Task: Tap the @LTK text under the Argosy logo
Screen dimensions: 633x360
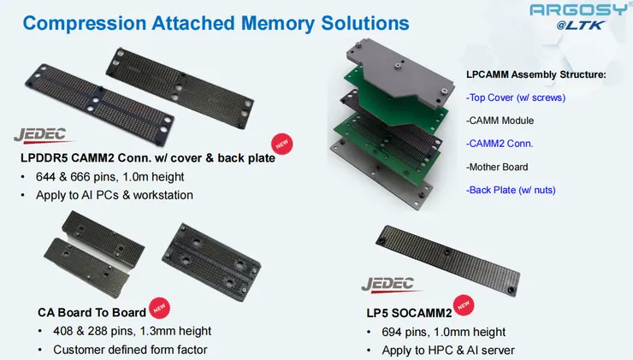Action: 581,26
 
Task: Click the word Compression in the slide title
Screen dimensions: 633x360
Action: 85,23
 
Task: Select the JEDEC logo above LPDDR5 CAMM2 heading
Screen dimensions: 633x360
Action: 42,136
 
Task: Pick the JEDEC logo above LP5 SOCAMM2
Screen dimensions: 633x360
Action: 389,284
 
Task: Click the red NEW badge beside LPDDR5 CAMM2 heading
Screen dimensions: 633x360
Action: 281,144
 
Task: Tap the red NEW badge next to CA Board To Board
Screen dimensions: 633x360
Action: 159,308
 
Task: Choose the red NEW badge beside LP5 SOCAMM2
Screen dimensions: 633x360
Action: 464,305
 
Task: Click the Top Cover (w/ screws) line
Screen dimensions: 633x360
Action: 516,97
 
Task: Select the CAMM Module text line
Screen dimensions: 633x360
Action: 500,121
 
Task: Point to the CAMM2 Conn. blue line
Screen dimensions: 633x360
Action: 500,144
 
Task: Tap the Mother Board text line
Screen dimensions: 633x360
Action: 497,167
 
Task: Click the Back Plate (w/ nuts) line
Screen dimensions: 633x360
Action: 511,190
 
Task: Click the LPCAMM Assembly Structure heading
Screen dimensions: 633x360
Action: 536,74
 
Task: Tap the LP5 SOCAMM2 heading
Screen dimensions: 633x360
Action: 409,313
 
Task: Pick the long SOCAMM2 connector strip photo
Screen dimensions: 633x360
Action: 447,260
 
